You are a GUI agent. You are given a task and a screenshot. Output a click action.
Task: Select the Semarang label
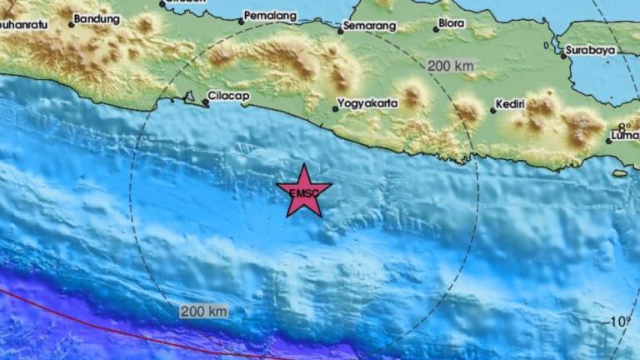(369, 27)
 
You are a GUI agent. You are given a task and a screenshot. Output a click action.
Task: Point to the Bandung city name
(97, 17)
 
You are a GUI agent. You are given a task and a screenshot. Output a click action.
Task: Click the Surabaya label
(590, 50)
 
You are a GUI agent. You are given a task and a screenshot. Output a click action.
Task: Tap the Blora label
(451, 25)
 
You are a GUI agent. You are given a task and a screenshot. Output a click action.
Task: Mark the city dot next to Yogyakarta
(336, 108)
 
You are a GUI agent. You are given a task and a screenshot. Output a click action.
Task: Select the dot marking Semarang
(341, 32)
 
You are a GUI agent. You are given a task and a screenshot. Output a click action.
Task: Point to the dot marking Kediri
(492, 109)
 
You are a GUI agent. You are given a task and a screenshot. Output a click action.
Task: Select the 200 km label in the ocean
(203, 312)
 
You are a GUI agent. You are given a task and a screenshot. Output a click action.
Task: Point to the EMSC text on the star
(302, 194)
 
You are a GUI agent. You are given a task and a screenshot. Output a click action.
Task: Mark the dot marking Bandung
(72, 23)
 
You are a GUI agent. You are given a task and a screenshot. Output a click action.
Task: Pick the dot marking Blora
(435, 29)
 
